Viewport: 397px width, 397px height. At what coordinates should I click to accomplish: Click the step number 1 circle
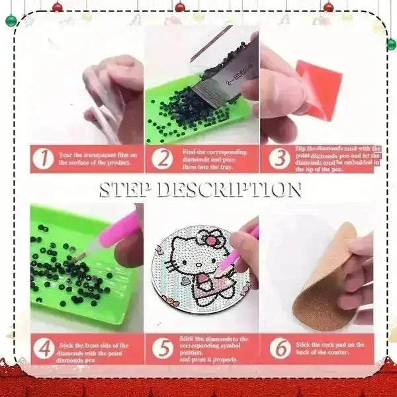click(44, 159)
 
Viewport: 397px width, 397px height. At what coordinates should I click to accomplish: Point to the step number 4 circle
click(44, 348)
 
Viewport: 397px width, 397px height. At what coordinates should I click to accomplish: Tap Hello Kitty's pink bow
click(213, 237)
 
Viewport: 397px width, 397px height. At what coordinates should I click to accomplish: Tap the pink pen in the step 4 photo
click(112, 239)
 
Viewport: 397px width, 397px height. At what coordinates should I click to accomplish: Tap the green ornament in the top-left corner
click(11, 20)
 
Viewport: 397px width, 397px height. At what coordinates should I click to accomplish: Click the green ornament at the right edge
click(391, 44)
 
